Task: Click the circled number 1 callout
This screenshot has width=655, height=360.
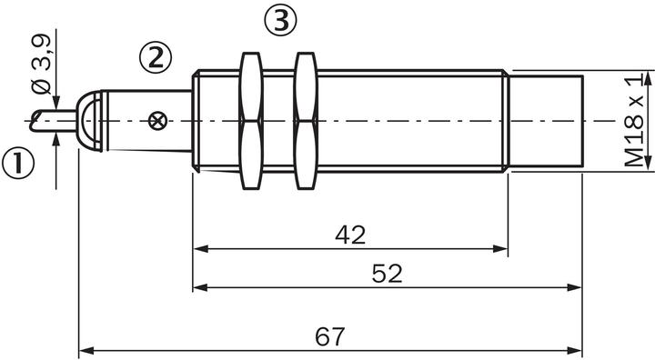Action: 18,163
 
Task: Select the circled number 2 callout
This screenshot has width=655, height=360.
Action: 156,57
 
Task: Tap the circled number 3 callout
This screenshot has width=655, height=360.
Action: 281,20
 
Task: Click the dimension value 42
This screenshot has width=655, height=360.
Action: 350,235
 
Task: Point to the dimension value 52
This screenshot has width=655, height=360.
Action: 387,274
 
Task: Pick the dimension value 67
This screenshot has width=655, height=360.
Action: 330,336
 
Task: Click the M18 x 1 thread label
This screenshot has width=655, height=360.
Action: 634,121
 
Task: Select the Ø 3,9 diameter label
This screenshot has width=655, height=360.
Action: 41,64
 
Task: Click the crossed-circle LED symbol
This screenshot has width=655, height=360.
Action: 157,121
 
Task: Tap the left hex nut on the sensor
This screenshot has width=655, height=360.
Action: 251,121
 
